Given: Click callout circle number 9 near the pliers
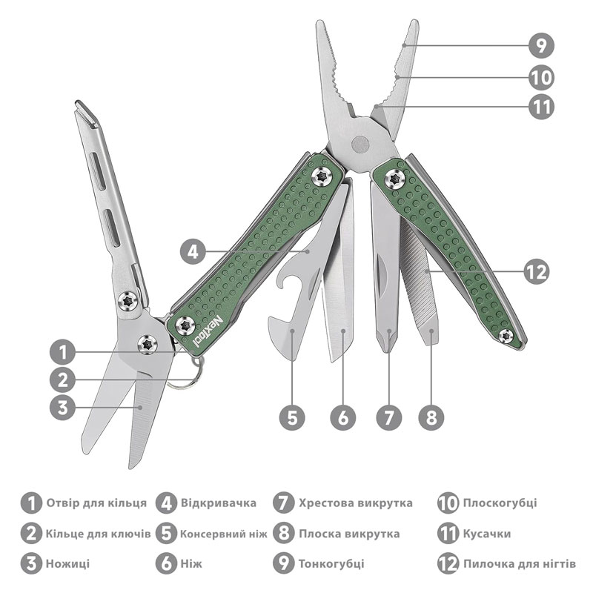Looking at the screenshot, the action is [541, 45].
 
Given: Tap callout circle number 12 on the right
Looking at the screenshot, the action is [537, 271].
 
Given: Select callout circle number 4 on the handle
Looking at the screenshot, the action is [193, 251].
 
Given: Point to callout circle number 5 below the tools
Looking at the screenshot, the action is [292, 418].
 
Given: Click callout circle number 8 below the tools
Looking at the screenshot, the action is [431, 418].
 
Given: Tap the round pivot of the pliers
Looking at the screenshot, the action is [360, 144].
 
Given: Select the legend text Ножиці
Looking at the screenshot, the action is [67, 564].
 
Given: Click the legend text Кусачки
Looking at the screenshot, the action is [487, 534].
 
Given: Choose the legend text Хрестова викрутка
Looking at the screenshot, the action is [356, 503].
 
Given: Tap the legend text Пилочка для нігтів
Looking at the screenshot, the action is [520, 564].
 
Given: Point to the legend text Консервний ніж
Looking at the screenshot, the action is [223, 534].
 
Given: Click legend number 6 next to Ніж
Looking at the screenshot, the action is [166, 563].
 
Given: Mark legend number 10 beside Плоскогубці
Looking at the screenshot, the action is [448, 503].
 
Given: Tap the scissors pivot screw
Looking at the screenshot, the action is [147, 344].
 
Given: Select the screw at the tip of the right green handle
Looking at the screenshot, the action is [506, 336].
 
